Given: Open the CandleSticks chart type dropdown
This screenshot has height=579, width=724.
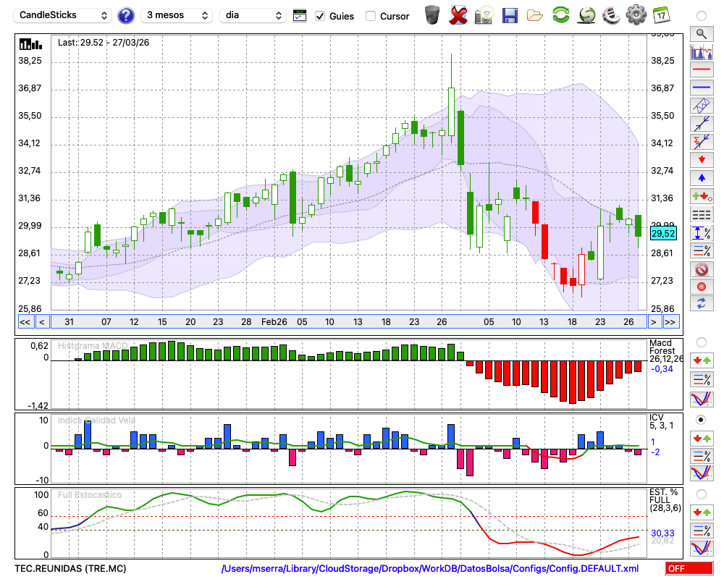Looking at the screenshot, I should point(64,15).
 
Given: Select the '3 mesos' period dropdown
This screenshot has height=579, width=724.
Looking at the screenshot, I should point(176,15).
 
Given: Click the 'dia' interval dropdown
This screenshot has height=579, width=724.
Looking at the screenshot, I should point(253,15).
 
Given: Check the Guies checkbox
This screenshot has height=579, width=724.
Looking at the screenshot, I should point(321,16).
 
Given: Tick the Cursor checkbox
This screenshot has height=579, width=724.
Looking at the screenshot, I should point(371,16).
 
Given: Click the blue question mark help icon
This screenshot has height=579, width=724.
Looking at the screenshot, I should point(126,15).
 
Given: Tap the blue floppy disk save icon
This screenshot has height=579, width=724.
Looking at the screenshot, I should point(509,14).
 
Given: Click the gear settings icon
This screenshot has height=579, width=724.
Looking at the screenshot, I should point(636,14).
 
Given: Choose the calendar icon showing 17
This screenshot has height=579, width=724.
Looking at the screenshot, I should point(661,14).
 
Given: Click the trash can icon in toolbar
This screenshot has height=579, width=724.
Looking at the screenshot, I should point(432,14).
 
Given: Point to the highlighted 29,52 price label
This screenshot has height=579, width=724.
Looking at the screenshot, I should point(663,233).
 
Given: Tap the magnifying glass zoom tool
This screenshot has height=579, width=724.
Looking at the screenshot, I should point(701,33).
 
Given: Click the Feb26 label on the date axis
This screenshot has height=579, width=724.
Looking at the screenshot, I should point(274,321).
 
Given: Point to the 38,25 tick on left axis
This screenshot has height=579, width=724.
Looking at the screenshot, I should point(30,61).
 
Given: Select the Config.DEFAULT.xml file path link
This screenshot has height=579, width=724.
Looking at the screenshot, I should point(430,569).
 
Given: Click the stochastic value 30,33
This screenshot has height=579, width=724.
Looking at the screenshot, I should point(662,533).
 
